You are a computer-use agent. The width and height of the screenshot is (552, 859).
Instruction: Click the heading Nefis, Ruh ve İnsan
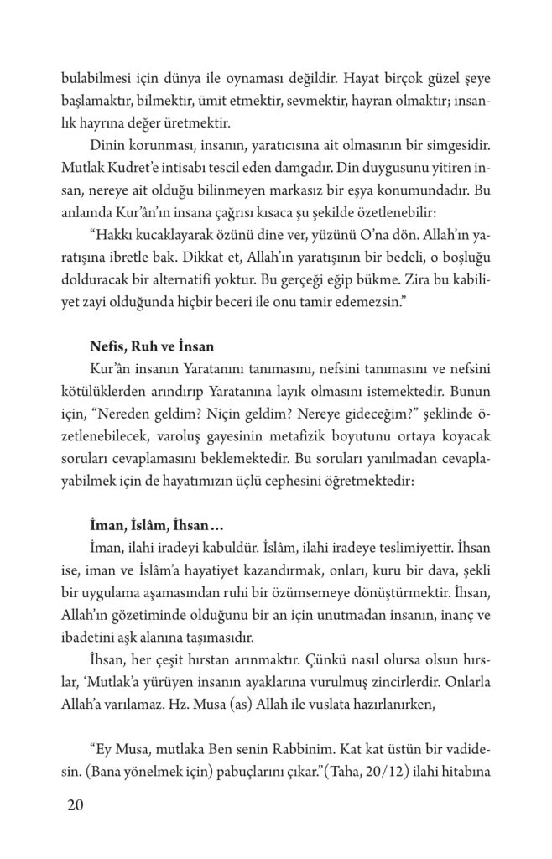tap(140, 345)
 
